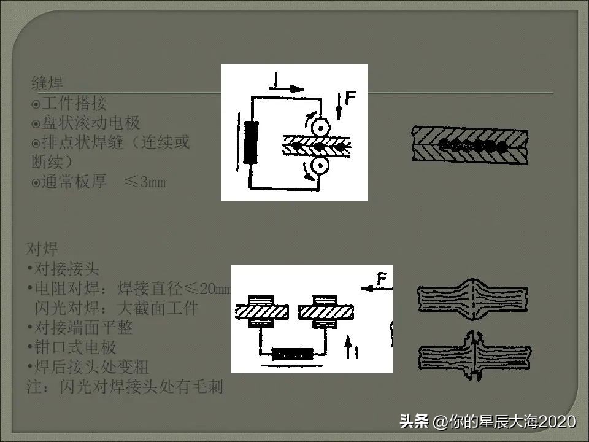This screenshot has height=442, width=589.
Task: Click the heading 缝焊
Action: [47, 83]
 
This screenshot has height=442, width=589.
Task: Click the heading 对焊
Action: [42, 249]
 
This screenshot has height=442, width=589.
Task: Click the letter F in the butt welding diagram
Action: [382, 281]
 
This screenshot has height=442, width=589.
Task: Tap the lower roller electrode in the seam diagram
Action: [320, 166]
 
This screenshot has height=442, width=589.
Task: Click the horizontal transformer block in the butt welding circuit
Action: [292, 354]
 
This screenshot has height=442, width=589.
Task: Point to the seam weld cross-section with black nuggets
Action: [470, 145]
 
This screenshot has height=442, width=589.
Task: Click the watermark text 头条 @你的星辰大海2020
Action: [487, 422]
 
